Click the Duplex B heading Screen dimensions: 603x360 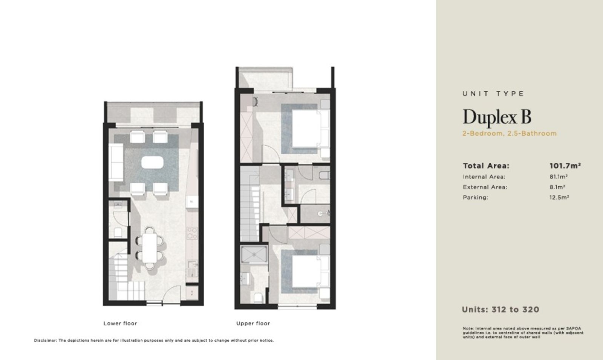click(497, 117)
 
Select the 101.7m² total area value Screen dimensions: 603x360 click(565, 166)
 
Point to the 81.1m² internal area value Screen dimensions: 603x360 click(559, 177)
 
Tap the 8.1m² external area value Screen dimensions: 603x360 click(557, 187)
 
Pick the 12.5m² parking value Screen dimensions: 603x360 click(559, 197)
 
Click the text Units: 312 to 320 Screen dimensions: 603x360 click(501, 310)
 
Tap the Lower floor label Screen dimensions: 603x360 click(120, 323)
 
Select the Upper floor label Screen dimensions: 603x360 click(253, 323)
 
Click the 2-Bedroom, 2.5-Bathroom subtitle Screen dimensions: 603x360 click(510, 133)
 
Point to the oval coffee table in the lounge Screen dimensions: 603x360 click(152, 163)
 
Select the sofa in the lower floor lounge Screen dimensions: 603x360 click(116, 162)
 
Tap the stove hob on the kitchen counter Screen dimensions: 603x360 click(192, 233)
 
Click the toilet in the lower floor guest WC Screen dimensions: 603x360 click(118, 232)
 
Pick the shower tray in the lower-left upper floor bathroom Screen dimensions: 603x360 click(254, 254)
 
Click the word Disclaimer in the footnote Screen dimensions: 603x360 click(45, 340)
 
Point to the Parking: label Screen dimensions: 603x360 click(475, 197)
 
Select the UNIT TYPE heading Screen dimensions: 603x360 click(493, 94)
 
